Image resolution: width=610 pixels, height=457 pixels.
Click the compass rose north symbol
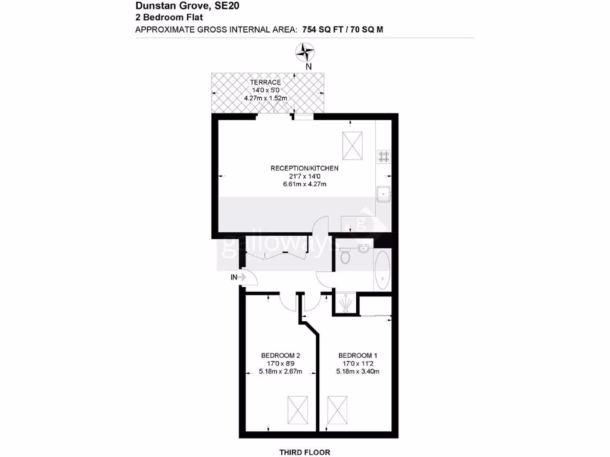[307, 53]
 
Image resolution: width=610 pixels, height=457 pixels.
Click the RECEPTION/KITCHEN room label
[304, 168]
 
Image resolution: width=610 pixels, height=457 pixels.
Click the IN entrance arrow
[238, 277]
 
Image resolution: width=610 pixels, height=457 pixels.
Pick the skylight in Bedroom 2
[297, 409]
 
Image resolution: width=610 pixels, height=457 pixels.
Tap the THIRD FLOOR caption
[305, 452]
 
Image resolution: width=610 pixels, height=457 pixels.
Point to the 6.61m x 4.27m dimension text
[304, 184]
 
